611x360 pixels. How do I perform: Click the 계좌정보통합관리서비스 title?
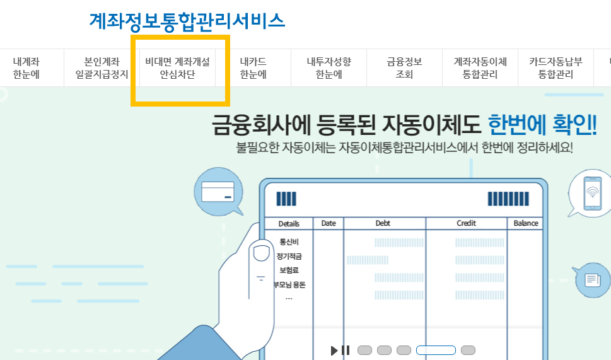click(187, 21)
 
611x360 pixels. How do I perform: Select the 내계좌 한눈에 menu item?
click(26, 68)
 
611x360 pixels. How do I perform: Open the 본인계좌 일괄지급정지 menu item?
click(102, 68)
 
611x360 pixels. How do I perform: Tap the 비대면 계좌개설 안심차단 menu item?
click(177, 68)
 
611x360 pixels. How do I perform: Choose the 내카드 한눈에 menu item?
click(253, 68)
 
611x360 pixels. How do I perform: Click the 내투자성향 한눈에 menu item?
click(329, 68)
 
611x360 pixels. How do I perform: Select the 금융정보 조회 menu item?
click(404, 68)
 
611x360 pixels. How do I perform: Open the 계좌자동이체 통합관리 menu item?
click(480, 68)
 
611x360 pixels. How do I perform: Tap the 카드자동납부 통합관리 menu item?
click(556, 68)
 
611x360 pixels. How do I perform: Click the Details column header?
click(289, 224)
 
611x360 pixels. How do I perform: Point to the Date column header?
click(329, 223)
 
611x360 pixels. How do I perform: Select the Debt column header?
click(383, 223)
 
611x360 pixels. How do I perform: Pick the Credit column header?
click(467, 223)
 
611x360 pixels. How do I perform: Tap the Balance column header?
click(526, 223)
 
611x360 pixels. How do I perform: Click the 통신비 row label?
click(289, 241)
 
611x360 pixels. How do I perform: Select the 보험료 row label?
click(289, 270)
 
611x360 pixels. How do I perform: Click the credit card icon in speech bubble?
click(218, 190)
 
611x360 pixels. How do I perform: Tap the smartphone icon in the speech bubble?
click(591, 190)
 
